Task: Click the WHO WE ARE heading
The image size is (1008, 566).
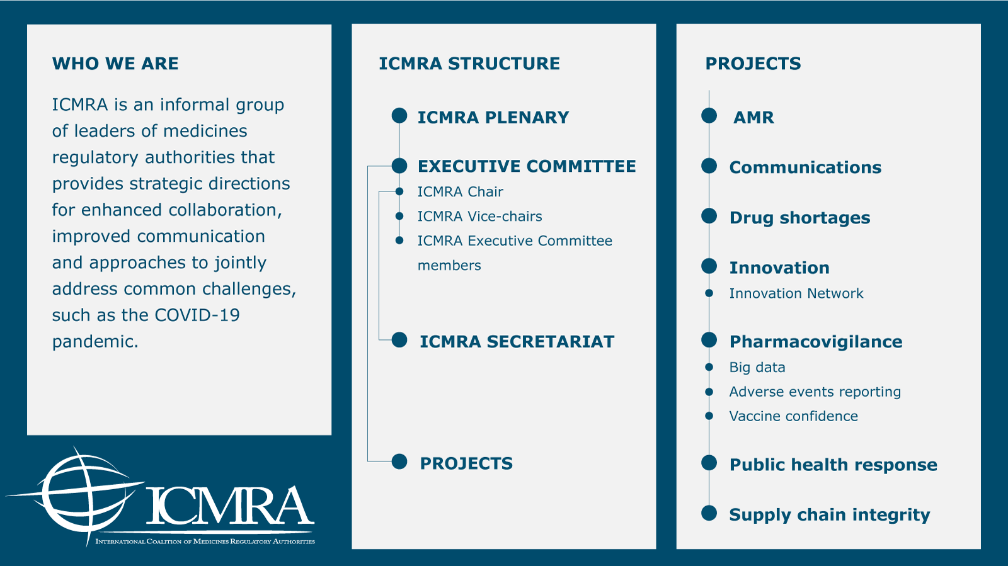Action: pyautogui.click(x=115, y=64)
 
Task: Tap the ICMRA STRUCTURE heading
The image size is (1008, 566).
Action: pyautogui.click(x=469, y=64)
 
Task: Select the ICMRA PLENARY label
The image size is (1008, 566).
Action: pyautogui.click(x=493, y=118)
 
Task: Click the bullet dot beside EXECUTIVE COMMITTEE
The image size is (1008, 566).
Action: pyautogui.click(x=399, y=166)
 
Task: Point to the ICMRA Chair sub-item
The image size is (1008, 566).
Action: pyautogui.click(x=460, y=192)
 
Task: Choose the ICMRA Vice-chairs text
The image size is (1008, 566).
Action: pyautogui.click(x=479, y=217)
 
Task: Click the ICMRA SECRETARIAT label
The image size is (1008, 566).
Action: pyautogui.click(x=517, y=342)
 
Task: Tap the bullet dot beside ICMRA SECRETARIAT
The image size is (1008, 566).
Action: pyautogui.click(x=399, y=340)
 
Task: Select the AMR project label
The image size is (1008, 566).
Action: pyautogui.click(x=753, y=118)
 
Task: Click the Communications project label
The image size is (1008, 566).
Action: pyautogui.click(x=805, y=167)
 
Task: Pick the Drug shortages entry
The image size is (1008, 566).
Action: pyautogui.click(x=799, y=218)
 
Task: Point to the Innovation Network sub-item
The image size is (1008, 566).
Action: pyautogui.click(x=796, y=293)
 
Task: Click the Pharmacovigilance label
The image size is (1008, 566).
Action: pyautogui.click(x=816, y=342)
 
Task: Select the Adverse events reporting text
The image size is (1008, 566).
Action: pyautogui.click(x=815, y=392)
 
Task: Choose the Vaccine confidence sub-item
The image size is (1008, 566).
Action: pyautogui.click(x=793, y=416)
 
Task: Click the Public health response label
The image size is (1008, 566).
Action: pyautogui.click(x=833, y=465)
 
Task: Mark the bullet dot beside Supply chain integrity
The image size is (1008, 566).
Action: pyautogui.click(x=709, y=513)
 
